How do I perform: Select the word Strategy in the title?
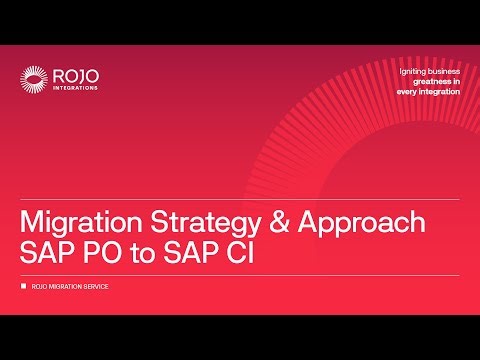tap(186, 220)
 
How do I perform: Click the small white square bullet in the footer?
tap(24, 288)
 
